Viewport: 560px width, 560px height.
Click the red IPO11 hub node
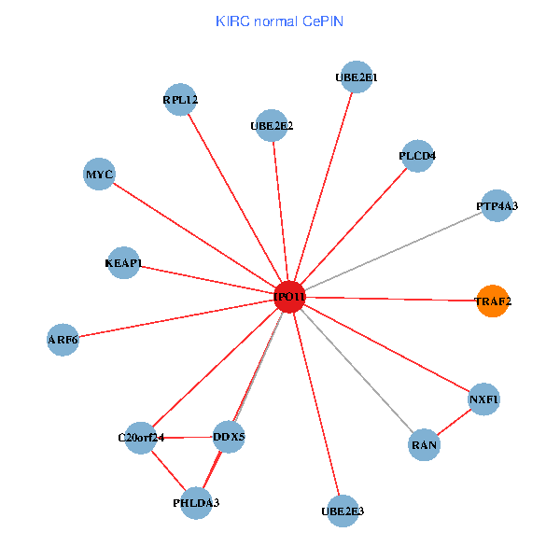tap(290, 297)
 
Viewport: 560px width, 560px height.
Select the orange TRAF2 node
tap(492, 301)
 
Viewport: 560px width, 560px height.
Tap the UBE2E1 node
tap(356, 77)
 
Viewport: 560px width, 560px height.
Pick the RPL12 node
tap(180, 99)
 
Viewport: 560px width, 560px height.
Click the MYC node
tap(99, 175)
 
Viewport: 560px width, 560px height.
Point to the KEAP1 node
tap(123, 263)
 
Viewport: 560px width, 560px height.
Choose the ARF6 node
tap(63, 340)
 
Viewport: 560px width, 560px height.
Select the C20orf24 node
tap(141, 437)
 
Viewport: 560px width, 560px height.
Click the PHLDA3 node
tap(196, 503)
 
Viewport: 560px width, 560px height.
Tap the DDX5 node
tap(229, 436)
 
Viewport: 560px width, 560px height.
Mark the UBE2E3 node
tap(343, 511)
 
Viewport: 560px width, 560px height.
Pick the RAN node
tap(424, 445)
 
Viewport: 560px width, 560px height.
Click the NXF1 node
tap(483, 399)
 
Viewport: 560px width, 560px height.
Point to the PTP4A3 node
tap(497, 205)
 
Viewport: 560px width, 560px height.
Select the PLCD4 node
tap(416, 155)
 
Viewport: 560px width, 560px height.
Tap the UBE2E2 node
tap(272, 125)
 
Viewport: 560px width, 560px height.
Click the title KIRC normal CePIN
tap(279, 21)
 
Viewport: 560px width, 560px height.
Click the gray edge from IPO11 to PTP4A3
tap(392, 251)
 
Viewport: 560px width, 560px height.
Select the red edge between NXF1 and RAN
tap(454, 422)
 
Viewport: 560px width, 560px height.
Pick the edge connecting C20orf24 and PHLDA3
tap(168, 469)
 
